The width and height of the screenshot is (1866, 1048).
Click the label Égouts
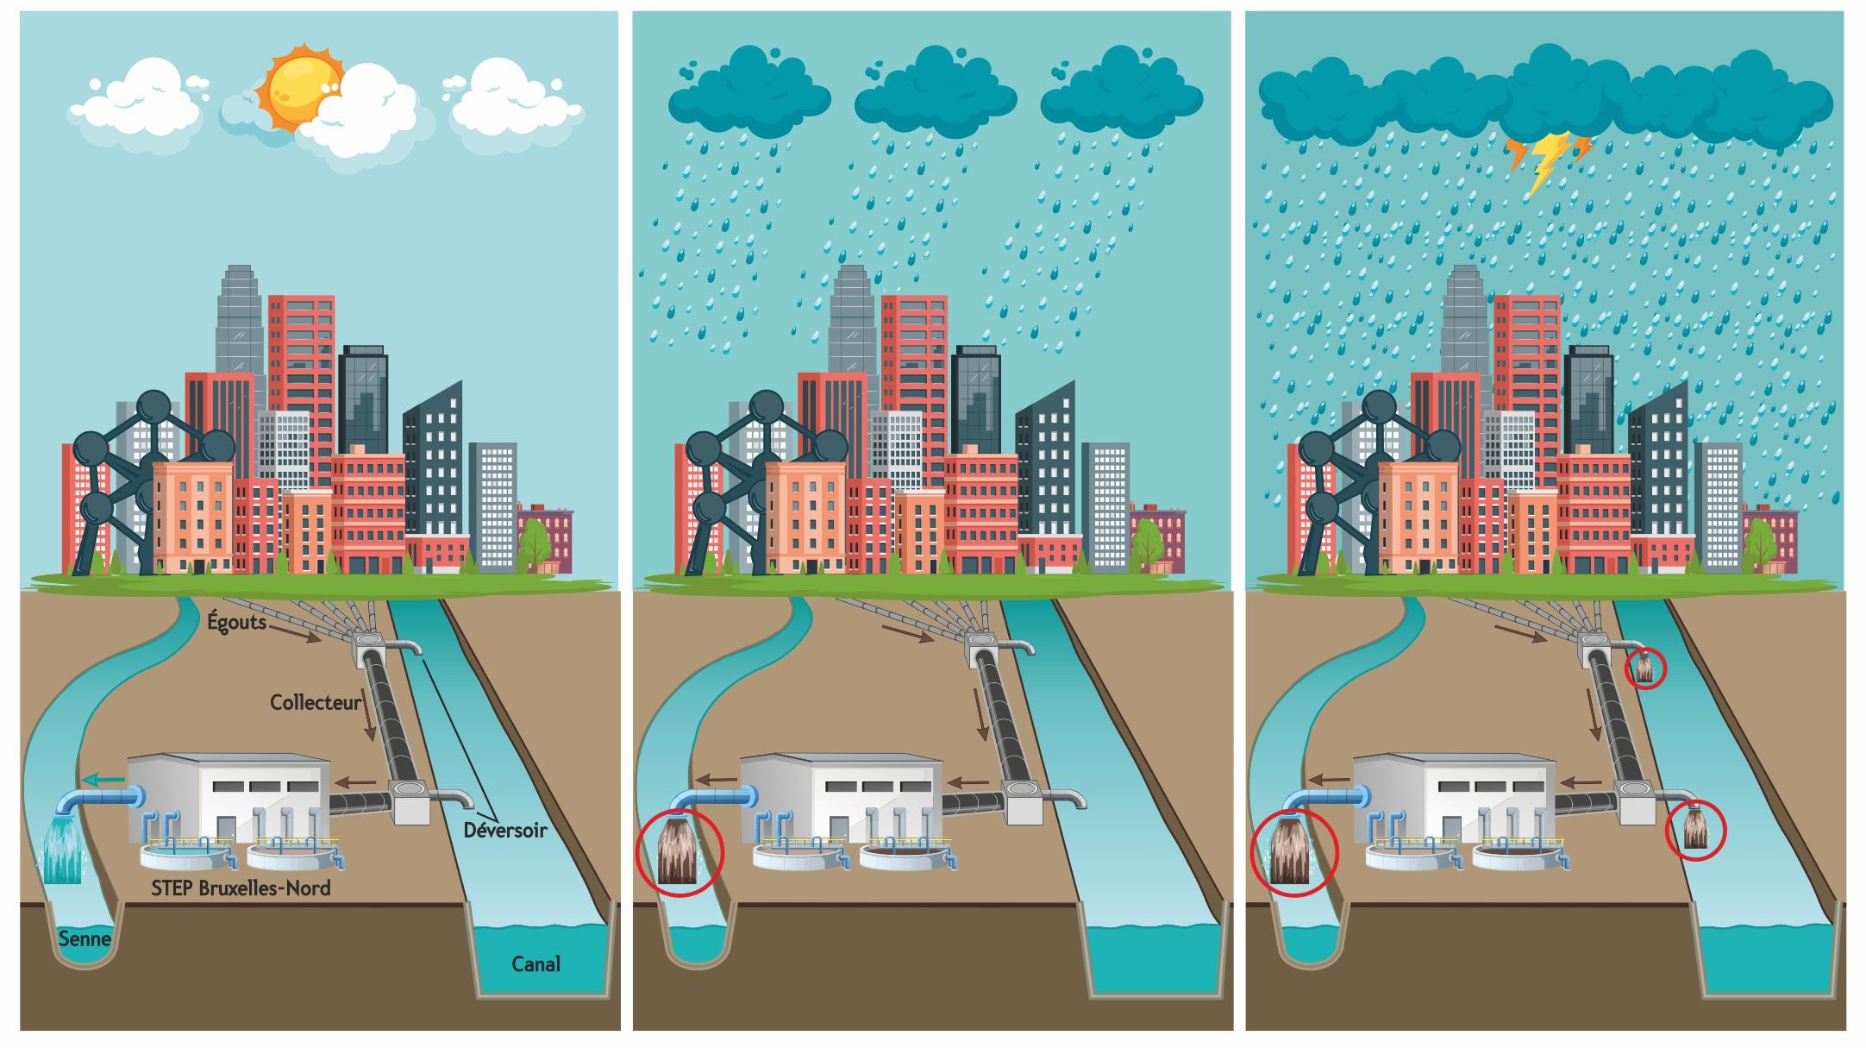(x=236, y=621)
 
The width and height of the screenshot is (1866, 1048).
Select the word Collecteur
(x=316, y=702)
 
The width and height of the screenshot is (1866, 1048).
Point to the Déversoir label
(x=505, y=830)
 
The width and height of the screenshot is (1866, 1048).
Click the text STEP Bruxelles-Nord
(x=241, y=888)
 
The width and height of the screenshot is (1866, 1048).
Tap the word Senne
(x=85, y=938)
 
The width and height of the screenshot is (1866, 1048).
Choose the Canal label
(x=535, y=963)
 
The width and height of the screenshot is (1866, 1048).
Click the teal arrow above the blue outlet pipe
(x=103, y=780)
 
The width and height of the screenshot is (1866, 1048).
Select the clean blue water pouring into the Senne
(x=63, y=850)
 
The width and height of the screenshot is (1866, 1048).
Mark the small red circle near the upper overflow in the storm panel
(x=1645, y=668)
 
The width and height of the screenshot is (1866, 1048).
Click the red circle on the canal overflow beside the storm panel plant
(x=1695, y=831)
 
